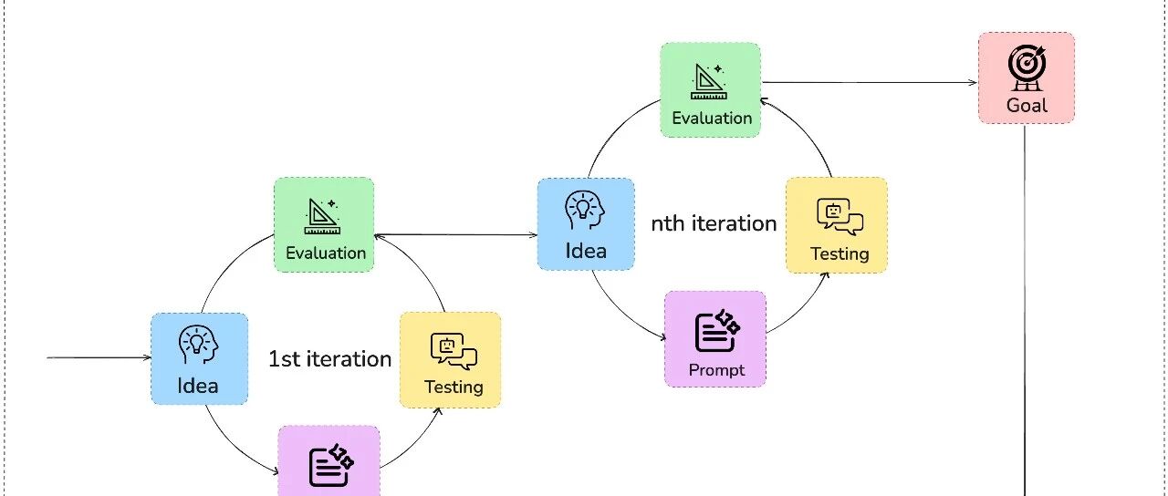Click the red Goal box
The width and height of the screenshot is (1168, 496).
1027,77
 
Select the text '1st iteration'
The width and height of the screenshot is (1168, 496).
329,358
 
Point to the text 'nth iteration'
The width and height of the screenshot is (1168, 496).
714,223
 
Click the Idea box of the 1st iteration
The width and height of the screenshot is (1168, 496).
199,358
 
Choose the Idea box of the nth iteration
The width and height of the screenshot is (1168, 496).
586,223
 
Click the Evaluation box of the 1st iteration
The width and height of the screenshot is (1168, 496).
324,224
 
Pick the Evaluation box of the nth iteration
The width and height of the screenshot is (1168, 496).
711,89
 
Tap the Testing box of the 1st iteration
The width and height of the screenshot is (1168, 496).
451,359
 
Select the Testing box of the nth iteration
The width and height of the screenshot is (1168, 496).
837,224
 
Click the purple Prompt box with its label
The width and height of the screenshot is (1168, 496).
715,338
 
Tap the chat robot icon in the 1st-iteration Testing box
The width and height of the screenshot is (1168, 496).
453,348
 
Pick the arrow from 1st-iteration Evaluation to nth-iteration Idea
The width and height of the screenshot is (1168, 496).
456,234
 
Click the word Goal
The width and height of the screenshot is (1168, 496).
1027,105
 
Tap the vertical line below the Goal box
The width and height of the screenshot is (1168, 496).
1027,310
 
